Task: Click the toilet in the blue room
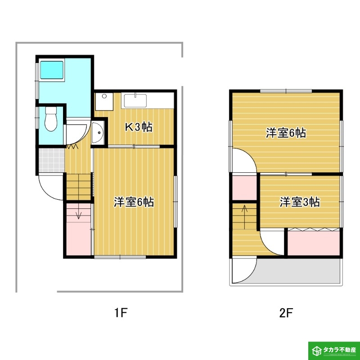pos(51,119)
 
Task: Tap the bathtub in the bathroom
pos(52,70)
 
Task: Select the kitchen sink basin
pos(135,100)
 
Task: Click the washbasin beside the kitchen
pos(98,133)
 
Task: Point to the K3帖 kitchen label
pos(139,127)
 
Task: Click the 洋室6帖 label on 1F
pos(134,202)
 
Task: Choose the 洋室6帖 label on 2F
pos(286,133)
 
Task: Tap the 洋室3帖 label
pos(300,202)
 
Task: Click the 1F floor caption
pos(121,312)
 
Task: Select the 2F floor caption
pos(286,312)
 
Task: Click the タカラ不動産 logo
pos(334,351)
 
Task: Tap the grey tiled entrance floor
pos(52,160)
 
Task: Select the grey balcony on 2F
pos(298,271)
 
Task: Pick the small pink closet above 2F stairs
pos(244,188)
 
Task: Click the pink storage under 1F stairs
pos(79,229)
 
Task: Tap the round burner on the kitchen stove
pos(104,96)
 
